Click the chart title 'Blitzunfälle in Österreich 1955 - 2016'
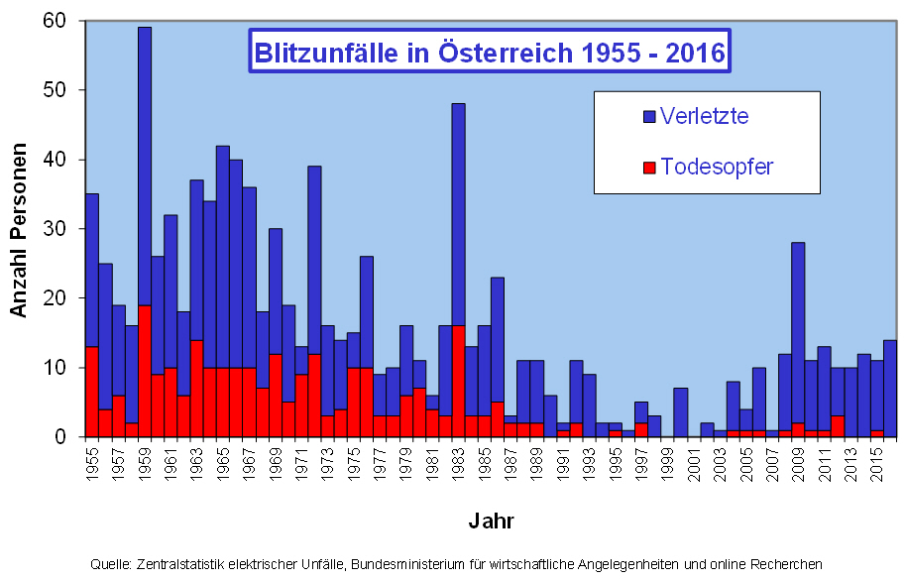[490, 52]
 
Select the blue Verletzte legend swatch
[649, 116]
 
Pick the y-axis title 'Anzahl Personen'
[19, 229]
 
